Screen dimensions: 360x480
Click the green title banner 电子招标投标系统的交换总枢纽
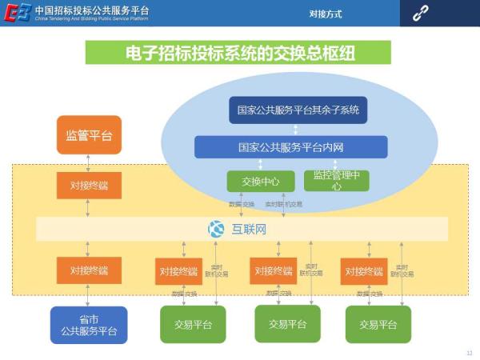pos(238,53)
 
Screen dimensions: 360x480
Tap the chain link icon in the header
pos(421,14)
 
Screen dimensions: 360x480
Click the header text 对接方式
pos(326,14)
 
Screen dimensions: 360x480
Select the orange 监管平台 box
pos(89,134)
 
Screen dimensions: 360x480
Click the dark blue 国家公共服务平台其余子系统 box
pos(298,110)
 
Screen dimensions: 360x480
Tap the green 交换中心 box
pos(261,181)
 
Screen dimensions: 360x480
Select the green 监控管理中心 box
pos(336,181)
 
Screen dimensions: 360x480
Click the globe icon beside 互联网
pos(216,230)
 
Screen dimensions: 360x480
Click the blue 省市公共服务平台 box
pos(89,325)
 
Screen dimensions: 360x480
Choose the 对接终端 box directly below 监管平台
pos(89,186)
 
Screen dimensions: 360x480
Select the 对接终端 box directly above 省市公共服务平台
pos(89,270)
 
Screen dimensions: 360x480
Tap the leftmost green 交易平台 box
pos(193,324)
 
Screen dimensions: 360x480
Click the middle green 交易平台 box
pos(287,323)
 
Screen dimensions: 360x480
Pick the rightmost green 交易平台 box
pos(378,324)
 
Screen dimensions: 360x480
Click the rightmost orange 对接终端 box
pos(363,271)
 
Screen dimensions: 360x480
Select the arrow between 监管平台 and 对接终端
pos(89,162)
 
